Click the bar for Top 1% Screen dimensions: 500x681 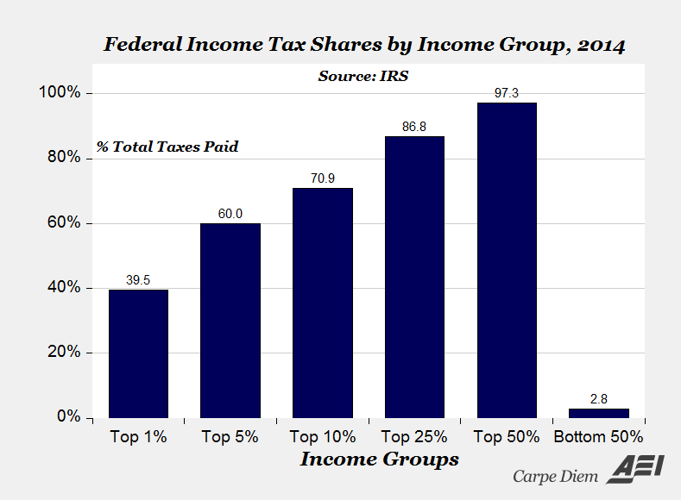tap(138, 353)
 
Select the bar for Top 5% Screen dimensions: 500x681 tap(230, 320)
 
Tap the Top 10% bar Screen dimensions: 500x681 tap(323, 303)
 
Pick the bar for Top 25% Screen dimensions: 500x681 tap(415, 277)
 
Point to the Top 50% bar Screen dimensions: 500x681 tap(508, 259)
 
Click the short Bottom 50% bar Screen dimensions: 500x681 tap(599, 413)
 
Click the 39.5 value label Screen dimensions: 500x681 tap(138, 280)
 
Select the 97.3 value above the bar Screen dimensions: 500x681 tap(508, 93)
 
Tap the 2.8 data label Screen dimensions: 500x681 tap(599, 399)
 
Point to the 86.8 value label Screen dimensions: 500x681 tap(415, 127)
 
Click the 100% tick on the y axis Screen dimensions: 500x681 tap(63, 93)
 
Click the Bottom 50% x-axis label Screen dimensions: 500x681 tap(599, 437)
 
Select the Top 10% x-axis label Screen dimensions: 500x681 tap(323, 437)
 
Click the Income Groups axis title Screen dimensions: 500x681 tap(379, 459)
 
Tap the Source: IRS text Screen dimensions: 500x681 tap(363, 76)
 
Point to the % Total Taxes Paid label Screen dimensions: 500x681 tap(167, 147)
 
